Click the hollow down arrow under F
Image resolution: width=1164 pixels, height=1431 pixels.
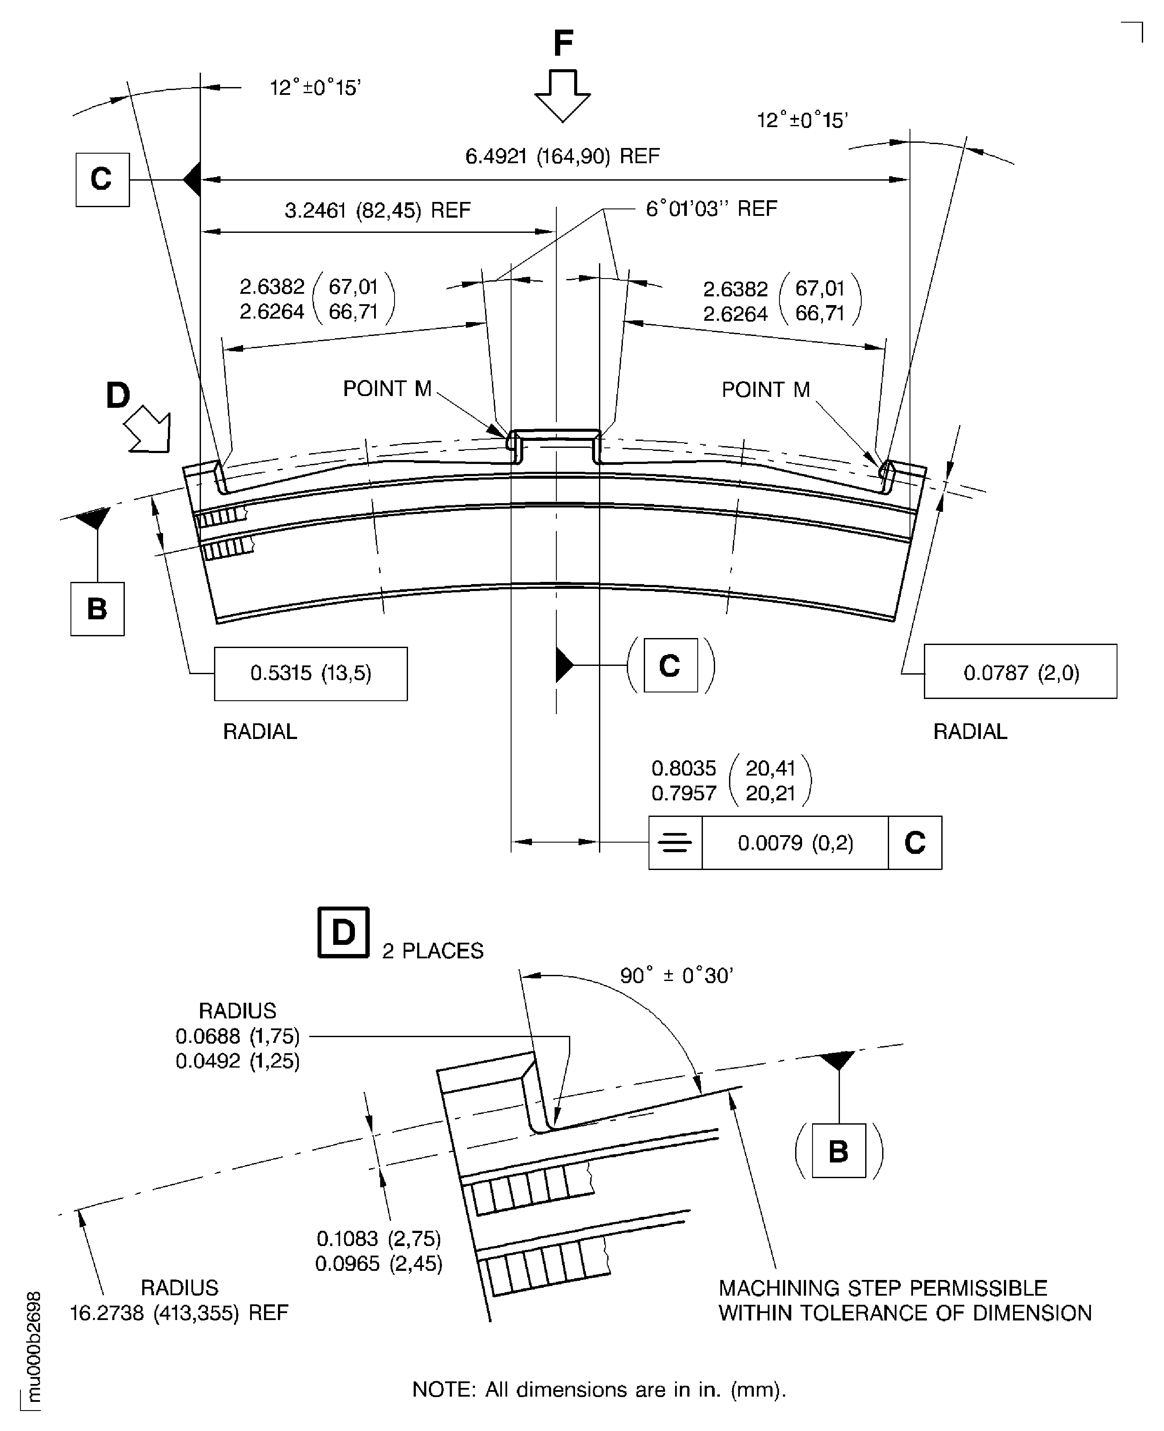coord(562,95)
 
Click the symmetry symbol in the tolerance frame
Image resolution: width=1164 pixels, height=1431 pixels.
coord(675,843)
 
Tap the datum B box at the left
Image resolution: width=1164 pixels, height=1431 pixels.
coord(97,608)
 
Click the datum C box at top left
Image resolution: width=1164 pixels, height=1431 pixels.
coord(102,179)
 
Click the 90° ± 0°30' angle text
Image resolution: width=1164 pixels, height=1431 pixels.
coord(676,975)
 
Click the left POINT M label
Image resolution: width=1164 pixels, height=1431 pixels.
coord(387,389)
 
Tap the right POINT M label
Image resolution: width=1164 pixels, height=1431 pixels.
coord(766,390)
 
